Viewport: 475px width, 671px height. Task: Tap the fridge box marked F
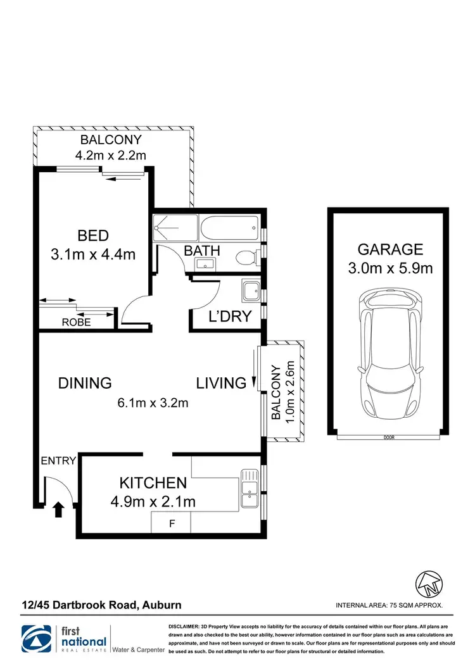(x=171, y=524)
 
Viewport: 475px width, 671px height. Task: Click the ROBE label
(x=77, y=322)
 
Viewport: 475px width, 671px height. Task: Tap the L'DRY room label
(x=231, y=317)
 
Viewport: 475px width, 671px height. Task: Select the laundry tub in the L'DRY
(x=249, y=291)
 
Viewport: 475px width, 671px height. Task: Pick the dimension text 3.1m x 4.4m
(x=93, y=254)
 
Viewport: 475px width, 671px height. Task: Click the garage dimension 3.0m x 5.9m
(x=389, y=268)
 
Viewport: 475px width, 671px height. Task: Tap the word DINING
(x=85, y=383)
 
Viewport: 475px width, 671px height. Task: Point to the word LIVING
(x=221, y=383)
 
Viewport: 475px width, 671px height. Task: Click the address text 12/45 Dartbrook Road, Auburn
(x=101, y=605)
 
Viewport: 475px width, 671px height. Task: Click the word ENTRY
(x=58, y=461)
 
